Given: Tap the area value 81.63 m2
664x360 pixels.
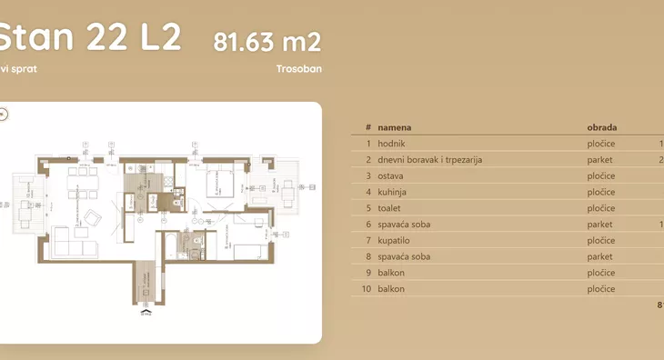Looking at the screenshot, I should pyautogui.click(x=267, y=42).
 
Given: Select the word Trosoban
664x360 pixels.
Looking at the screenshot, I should pyautogui.click(x=298, y=68).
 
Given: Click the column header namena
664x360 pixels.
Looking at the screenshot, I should pyautogui.click(x=396, y=127).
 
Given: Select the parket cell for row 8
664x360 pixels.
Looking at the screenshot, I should pyautogui.click(x=600, y=256).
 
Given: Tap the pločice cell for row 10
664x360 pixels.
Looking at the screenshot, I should pyautogui.click(x=601, y=289).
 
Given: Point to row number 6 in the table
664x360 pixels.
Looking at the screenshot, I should pyautogui.click(x=367, y=224).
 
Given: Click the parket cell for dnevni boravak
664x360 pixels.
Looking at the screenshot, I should pyautogui.click(x=600, y=160).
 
